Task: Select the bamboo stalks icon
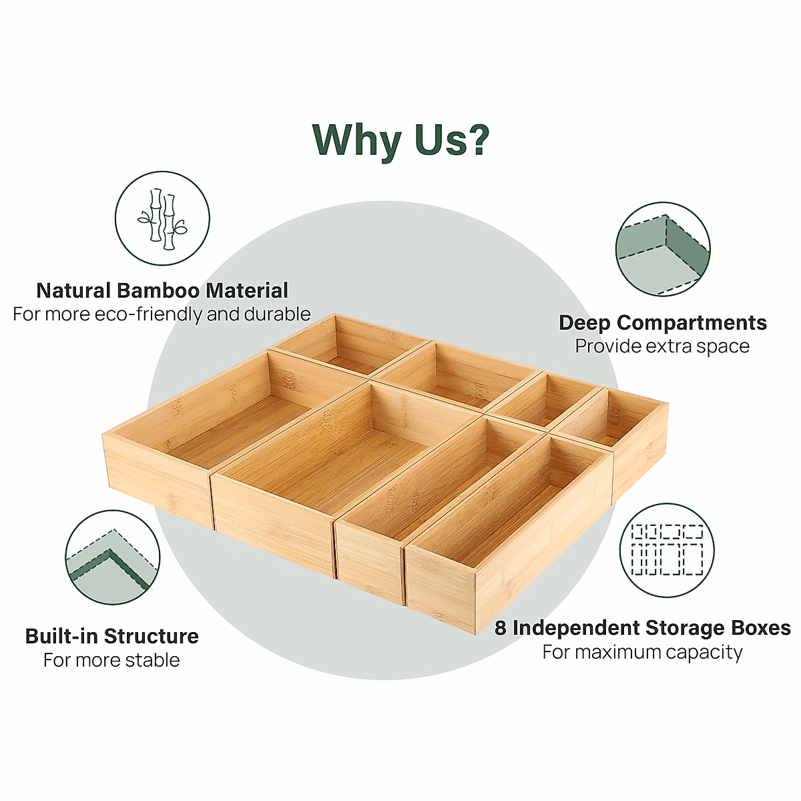tap(162, 218)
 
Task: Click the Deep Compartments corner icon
tap(662, 250)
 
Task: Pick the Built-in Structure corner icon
tap(112, 558)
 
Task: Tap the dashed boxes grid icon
tap(667, 551)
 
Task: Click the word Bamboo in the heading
tap(158, 291)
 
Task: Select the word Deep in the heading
tap(584, 323)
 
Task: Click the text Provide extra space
tap(662, 346)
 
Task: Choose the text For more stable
tap(111, 660)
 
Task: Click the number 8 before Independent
tap(501, 628)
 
